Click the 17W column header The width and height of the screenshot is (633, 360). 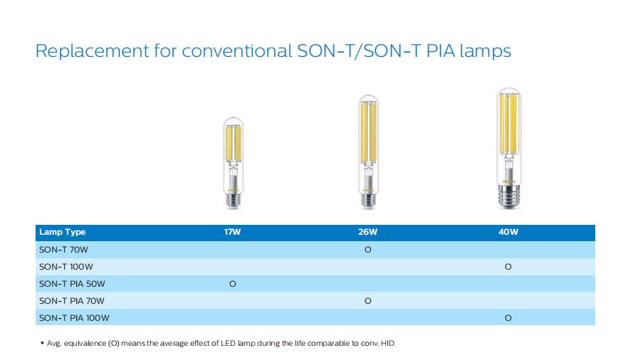[232, 232]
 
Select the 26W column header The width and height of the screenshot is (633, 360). [368, 232]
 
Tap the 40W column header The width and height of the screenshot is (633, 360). [508, 232]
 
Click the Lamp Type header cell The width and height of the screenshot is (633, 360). [62, 232]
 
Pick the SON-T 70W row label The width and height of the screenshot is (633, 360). [63, 250]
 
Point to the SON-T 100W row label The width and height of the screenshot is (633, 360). [66, 267]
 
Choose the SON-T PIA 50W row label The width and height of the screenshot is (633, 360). [72, 284]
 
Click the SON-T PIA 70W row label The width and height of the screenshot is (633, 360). [71, 301]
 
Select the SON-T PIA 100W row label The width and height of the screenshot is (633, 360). [74, 318]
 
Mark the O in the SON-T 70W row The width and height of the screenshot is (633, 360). [368, 250]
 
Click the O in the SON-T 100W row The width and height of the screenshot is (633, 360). [508, 267]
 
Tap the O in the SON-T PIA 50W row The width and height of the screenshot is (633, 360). [233, 284]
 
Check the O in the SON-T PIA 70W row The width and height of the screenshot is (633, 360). [368, 301]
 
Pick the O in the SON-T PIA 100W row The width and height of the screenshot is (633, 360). [508, 318]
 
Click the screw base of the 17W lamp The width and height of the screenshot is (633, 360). [234, 200]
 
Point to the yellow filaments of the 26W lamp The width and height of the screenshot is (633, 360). [368, 132]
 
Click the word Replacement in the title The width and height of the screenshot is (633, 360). [93, 51]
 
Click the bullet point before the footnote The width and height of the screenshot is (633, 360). [42, 343]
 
